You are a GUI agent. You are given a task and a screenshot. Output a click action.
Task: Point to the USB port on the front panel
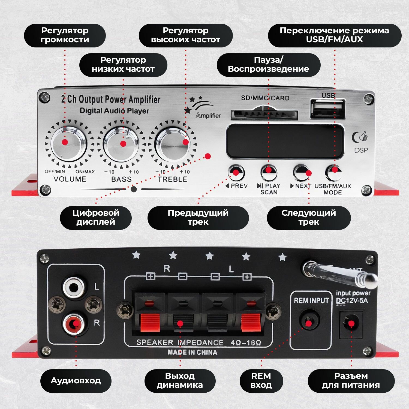point(327,109)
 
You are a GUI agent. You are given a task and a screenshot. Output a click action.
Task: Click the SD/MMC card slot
point(264,115)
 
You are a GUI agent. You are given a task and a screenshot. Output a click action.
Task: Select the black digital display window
point(285,141)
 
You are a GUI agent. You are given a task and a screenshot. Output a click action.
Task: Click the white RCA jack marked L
point(74,287)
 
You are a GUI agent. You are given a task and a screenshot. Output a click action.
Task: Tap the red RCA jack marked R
point(74,324)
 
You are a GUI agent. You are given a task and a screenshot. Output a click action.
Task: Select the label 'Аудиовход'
point(76,381)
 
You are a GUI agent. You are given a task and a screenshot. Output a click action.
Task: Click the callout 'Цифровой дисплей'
point(96,218)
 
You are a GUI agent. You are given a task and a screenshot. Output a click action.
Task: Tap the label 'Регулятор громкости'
point(65,35)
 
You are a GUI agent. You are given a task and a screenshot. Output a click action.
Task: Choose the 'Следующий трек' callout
point(309,218)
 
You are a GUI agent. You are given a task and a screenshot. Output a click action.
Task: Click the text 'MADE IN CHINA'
point(192,352)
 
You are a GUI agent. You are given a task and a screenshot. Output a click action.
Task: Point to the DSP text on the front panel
point(361,150)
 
